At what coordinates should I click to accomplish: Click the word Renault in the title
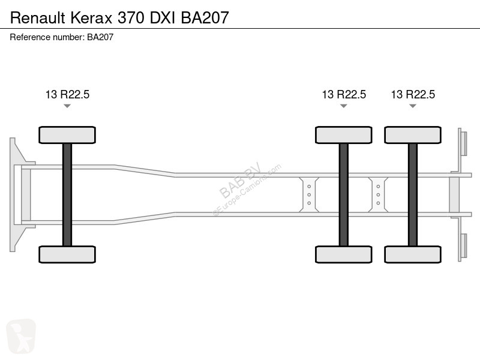coord(38,17)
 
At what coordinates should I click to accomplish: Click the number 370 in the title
coord(131,17)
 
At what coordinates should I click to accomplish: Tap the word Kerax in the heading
coord(92,17)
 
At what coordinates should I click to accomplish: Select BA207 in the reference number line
coord(100,37)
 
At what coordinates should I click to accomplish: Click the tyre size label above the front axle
coord(67,94)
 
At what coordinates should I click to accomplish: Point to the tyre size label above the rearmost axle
coord(413,94)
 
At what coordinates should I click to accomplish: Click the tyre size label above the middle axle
coord(344,94)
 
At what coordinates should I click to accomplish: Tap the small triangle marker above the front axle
coord(67,106)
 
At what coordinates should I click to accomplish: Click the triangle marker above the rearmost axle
coord(413,106)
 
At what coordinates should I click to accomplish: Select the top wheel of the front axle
coord(67,135)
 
